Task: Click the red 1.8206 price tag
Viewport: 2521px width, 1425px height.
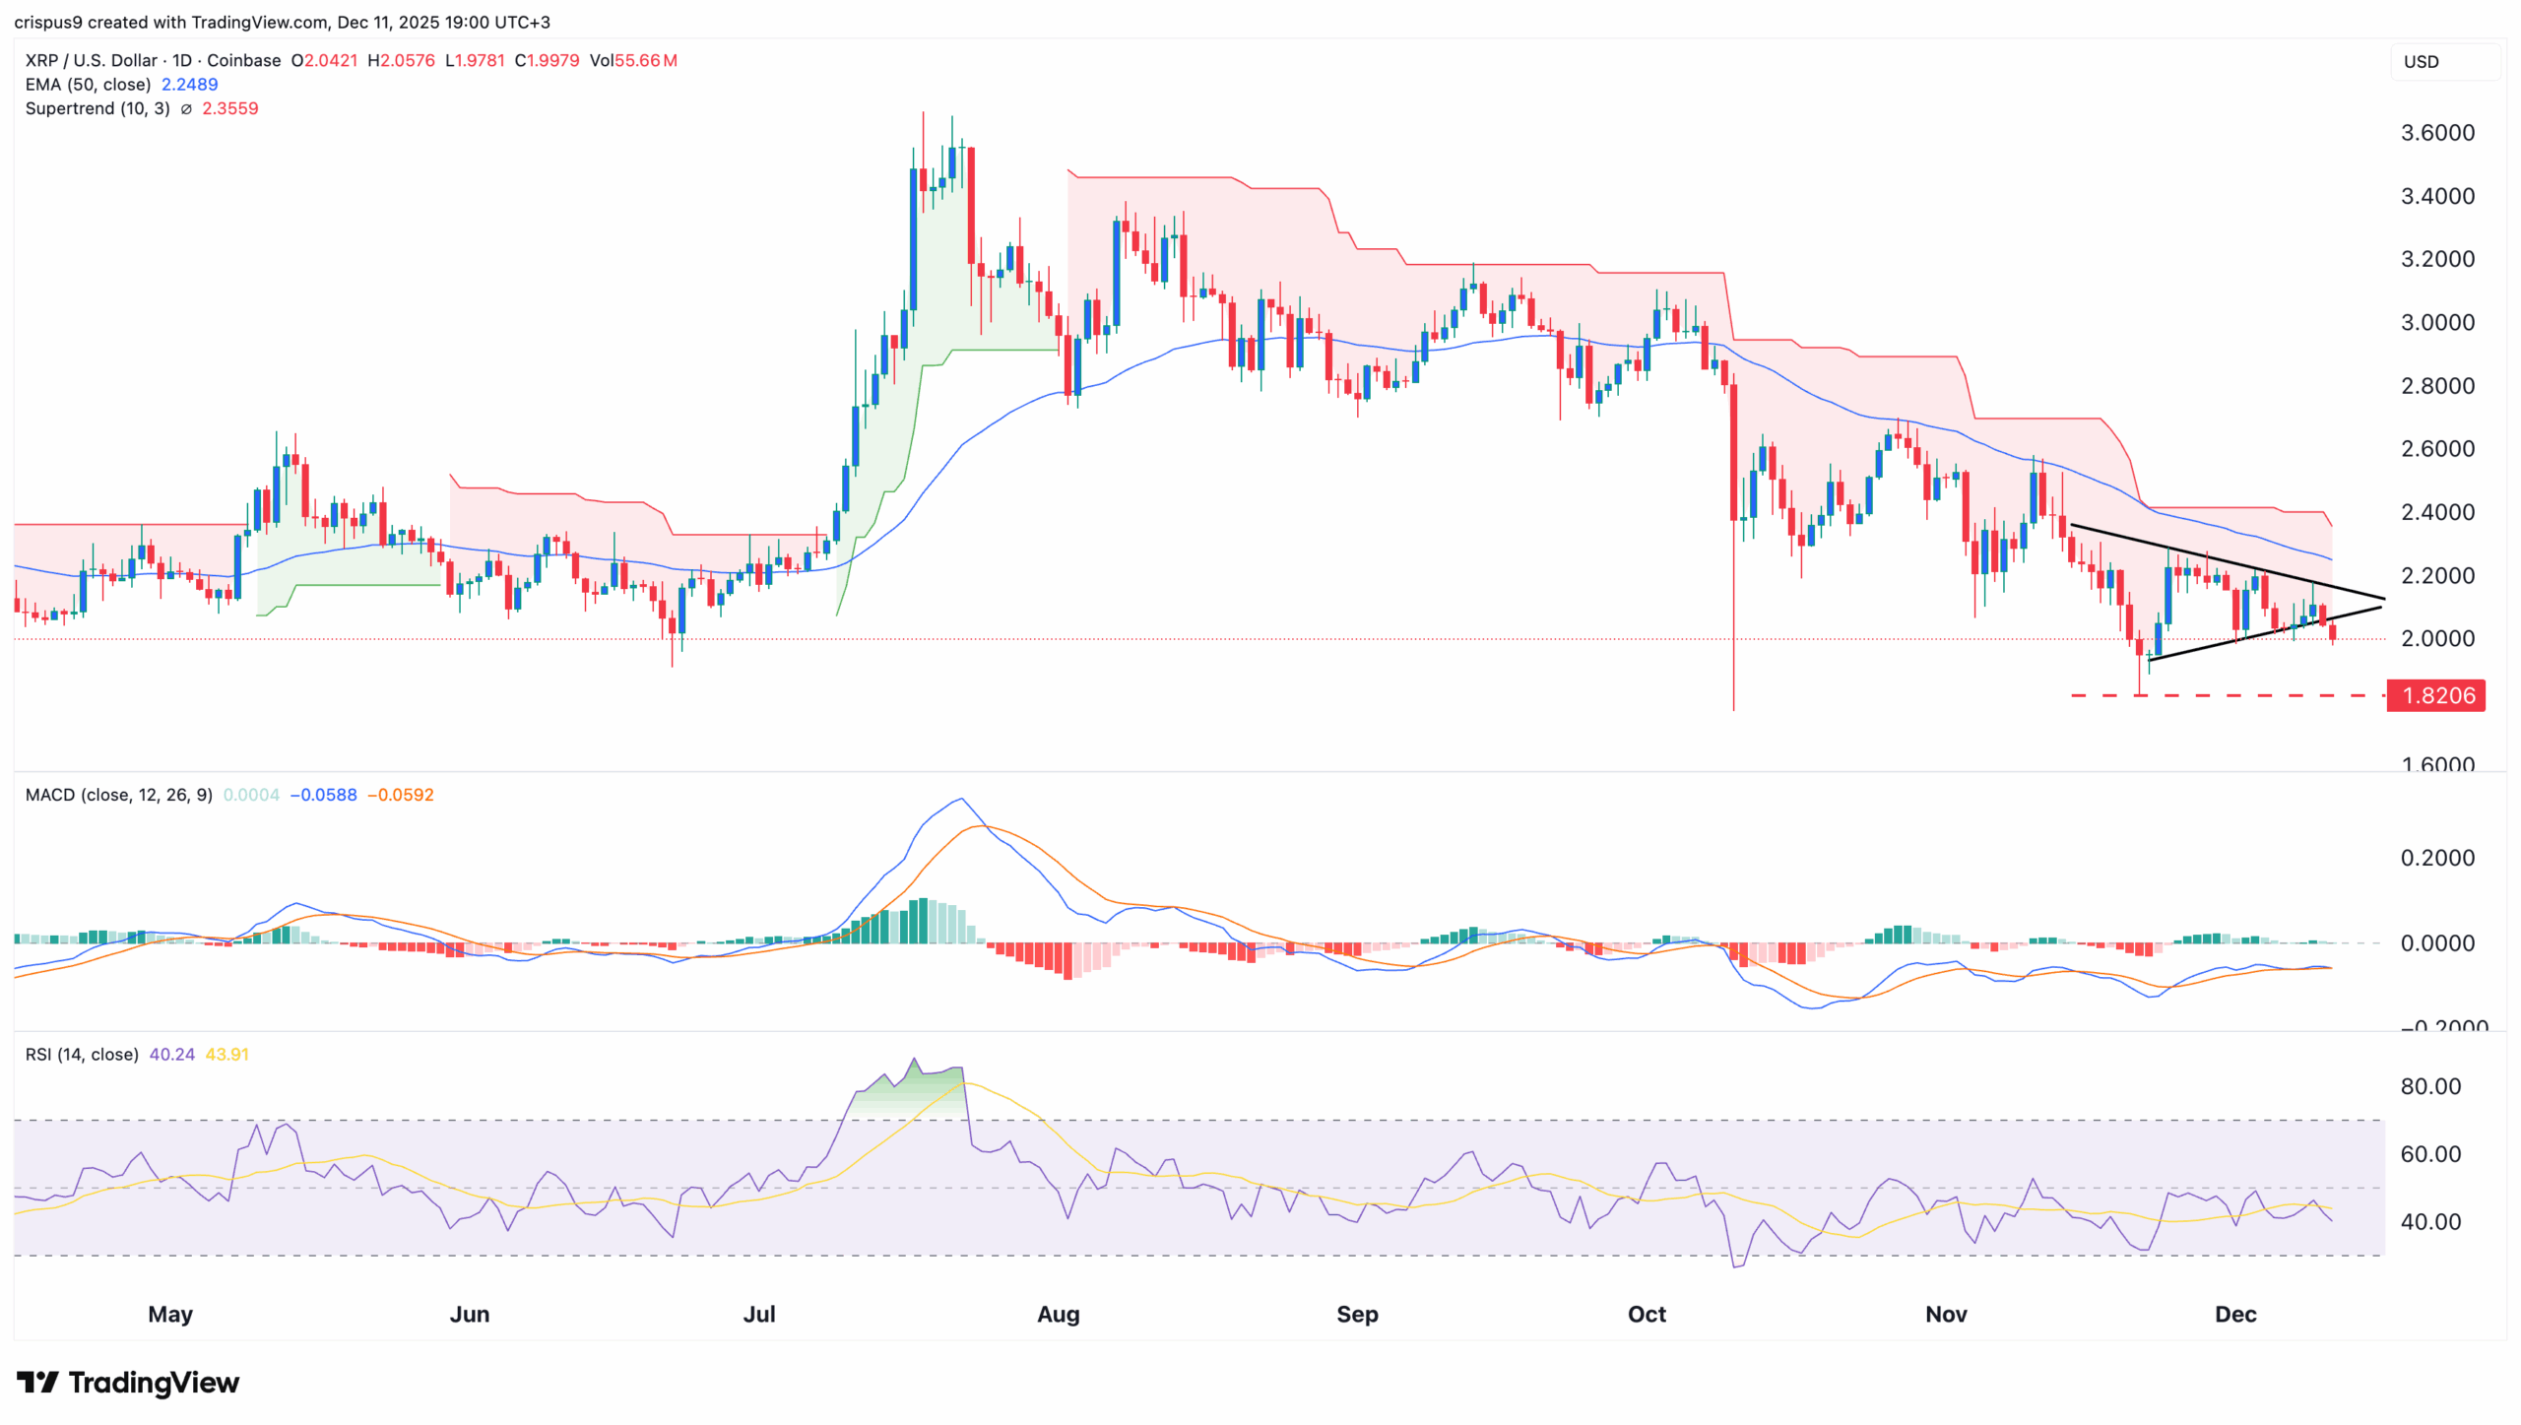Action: tap(2435, 695)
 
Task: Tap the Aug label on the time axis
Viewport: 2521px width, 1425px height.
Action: tap(1058, 1314)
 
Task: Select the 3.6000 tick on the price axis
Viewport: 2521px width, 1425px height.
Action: tap(2437, 133)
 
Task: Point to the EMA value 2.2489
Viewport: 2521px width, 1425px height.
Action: tap(189, 85)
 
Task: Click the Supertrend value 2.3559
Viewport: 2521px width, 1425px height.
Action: tap(229, 108)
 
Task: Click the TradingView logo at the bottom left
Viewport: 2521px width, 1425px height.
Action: tap(128, 1383)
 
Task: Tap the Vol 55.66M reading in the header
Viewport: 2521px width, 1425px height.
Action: tap(633, 61)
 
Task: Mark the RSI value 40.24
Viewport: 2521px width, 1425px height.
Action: tap(171, 1055)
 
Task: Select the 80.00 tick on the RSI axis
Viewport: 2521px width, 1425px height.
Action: tap(2430, 1086)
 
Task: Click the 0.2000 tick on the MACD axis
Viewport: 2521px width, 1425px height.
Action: tap(2437, 858)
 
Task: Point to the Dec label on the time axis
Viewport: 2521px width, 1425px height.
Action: tap(2234, 1314)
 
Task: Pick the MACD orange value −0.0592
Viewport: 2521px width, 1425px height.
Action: tap(400, 795)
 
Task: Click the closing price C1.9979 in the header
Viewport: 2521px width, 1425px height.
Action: tap(547, 61)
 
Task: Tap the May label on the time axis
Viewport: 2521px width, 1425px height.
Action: tap(170, 1314)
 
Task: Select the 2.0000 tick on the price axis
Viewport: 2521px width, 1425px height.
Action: tap(2437, 638)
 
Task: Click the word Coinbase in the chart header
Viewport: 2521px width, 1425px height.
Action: tap(243, 61)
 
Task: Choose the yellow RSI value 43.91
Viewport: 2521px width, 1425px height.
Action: tap(226, 1055)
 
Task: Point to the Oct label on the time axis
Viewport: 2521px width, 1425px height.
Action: tap(1647, 1314)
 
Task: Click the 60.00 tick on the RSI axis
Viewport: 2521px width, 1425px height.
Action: tap(2430, 1154)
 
